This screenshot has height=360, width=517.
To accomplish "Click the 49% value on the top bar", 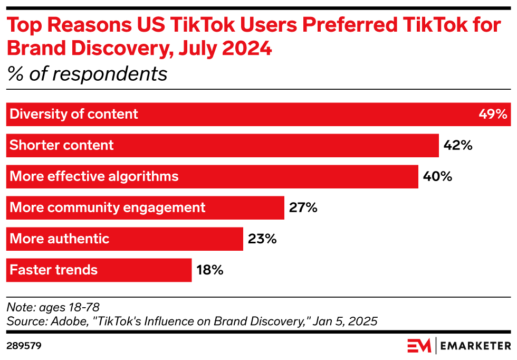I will point(493,114).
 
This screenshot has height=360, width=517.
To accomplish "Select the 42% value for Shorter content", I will point(458,145).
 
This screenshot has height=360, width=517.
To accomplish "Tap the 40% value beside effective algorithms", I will point(437,176).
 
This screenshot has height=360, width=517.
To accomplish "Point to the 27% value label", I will point(303,207).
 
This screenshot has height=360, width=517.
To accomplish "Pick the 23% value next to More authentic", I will point(262,239).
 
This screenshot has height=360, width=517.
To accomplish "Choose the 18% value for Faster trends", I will point(210,270).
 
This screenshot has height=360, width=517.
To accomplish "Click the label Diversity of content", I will point(74,114).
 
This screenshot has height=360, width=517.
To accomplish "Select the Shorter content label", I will point(62,145).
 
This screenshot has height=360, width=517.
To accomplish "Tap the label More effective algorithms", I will point(94,176).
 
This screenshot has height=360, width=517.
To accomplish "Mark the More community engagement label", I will point(108,207).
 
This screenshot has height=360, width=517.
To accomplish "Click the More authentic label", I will point(60,239).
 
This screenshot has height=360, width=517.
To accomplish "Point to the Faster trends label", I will point(54,270).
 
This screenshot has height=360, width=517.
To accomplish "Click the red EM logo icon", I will point(419,346).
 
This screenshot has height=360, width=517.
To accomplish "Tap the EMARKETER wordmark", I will point(476,346).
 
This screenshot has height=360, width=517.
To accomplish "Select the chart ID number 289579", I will point(24,346).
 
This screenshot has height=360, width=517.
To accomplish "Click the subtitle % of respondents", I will point(87,74).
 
